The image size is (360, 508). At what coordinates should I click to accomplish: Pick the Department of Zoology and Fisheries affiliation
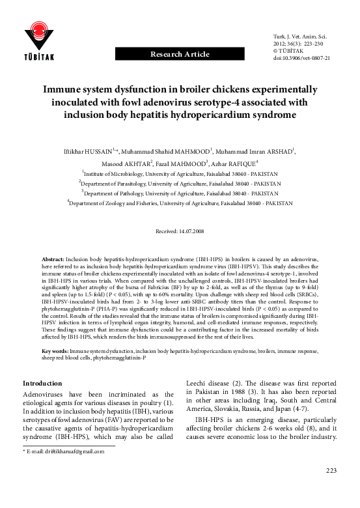pos(180,203)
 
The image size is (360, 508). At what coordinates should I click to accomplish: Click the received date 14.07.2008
pos(180,231)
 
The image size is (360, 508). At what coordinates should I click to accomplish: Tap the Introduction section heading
pos(43,383)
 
